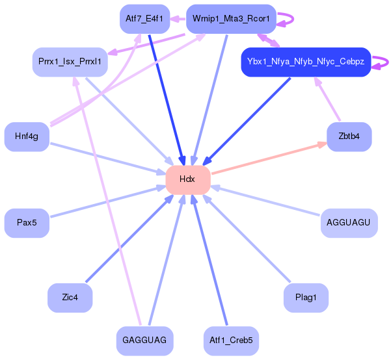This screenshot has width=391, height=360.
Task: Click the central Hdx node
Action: click(187, 179)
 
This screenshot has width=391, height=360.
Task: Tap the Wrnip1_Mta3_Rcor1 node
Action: click(231, 19)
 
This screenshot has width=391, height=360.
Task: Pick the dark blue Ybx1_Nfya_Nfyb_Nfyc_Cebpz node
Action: click(305, 62)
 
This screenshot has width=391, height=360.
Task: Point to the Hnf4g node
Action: click(27, 136)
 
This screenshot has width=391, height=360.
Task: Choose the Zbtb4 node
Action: click(349, 136)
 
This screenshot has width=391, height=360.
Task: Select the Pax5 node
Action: click(27, 223)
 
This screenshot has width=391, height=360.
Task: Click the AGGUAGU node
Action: click(349, 223)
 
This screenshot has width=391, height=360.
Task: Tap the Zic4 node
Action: click(70, 298)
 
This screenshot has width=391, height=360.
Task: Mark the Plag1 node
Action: click(306, 298)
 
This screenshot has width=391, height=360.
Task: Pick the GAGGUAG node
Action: click(144, 340)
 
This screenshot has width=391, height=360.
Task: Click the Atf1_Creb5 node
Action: click(232, 340)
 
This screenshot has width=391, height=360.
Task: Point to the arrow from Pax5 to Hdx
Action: click(104, 201)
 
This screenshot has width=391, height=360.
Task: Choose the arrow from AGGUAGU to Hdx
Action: click(267, 201)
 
